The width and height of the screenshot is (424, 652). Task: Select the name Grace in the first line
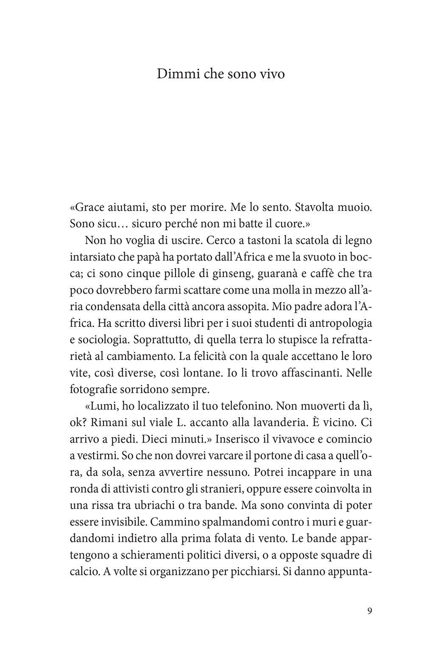[x=90, y=208]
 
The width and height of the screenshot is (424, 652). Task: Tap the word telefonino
[x=242, y=406]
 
